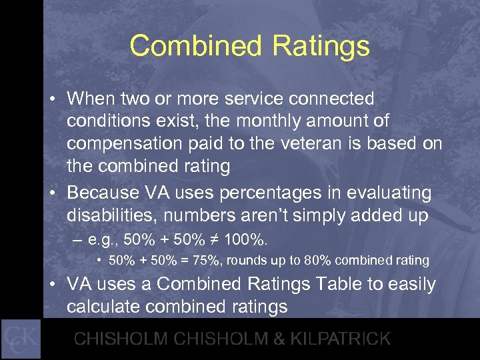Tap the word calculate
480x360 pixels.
(109, 307)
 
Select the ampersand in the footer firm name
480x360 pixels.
(259, 338)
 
